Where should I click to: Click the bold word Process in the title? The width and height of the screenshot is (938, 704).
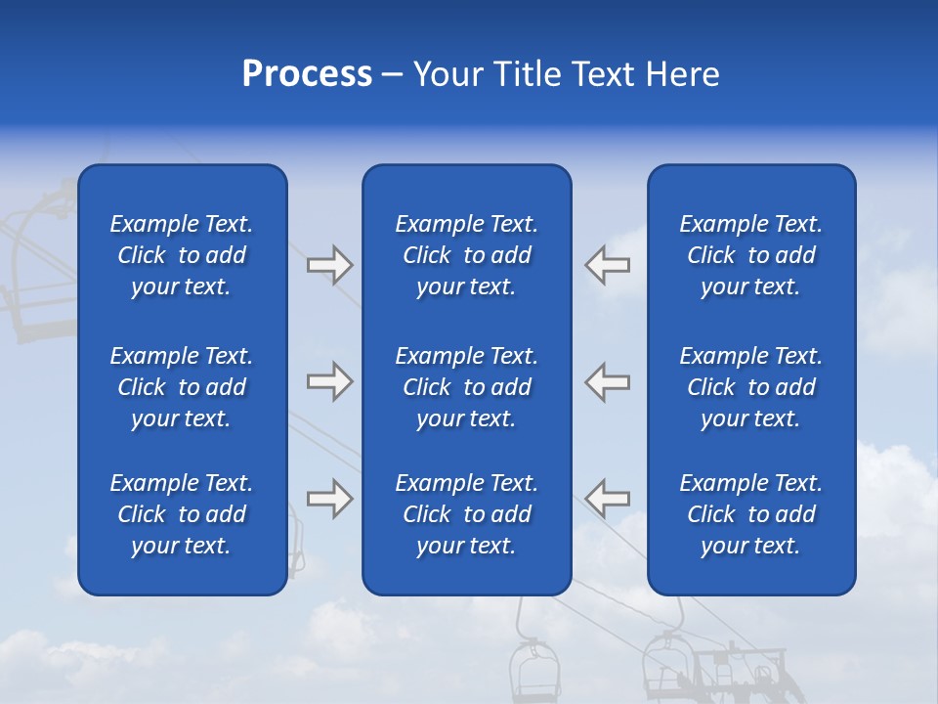tap(307, 74)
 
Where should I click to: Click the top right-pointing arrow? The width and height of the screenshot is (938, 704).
tap(329, 265)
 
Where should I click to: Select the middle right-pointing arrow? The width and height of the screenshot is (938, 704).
tap(329, 381)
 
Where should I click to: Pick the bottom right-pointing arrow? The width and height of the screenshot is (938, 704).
tap(329, 499)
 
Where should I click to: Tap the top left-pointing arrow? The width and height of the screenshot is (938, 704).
tap(607, 265)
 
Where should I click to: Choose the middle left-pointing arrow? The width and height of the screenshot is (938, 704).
tap(607, 381)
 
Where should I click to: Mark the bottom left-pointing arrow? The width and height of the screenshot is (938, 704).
tap(607, 499)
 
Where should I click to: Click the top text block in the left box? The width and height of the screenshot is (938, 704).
tap(182, 255)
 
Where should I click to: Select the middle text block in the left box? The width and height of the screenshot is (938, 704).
tap(182, 387)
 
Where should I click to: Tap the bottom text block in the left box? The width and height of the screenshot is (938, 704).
tap(182, 514)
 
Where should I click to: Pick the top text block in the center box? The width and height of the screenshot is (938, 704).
tap(466, 255)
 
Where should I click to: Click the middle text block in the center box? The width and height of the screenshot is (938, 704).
tap(466, 387)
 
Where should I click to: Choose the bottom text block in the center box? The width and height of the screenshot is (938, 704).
tap(466, 514)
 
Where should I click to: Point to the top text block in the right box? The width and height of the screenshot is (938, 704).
tap(750, 255)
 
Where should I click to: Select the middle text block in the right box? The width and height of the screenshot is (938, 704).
tap(750, 387)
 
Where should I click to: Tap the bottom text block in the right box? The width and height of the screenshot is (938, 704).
tap(750, 514)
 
